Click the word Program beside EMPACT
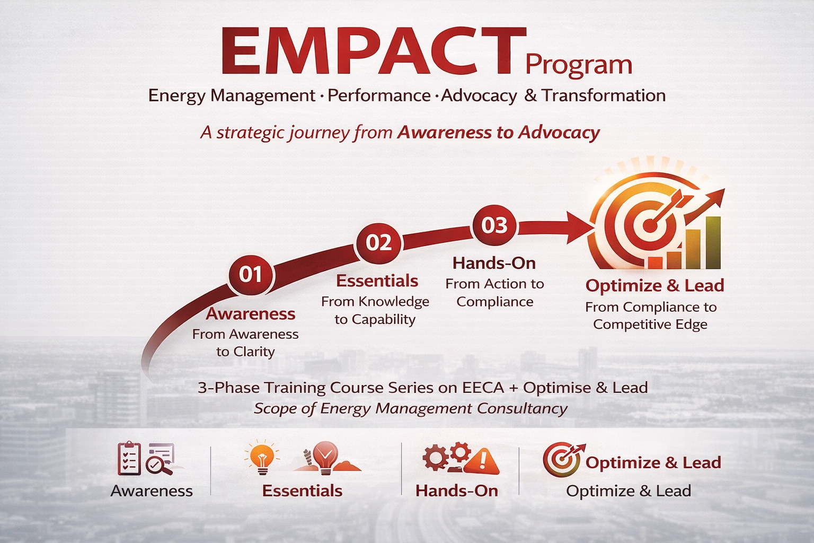coord(579,65)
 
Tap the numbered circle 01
coord(251,275)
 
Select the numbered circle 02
coord(378,242)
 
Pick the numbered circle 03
coord(494,225)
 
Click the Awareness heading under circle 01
coord(251,314)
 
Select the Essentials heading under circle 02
coord(377,281)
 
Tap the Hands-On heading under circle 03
coord(494,263)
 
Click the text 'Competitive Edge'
coord(650,324)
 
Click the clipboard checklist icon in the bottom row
coord(129,458)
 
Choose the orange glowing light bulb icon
coord(262,458)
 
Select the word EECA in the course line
coord(483,388)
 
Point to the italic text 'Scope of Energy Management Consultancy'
coord(411,408)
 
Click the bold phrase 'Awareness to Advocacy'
coord(498,132)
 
